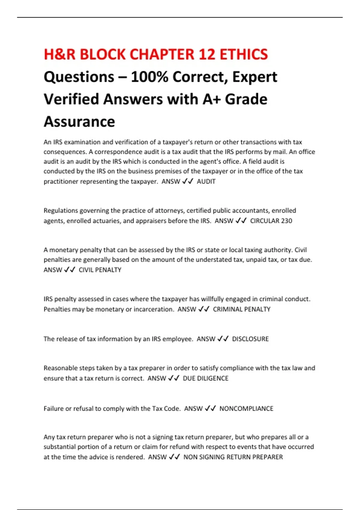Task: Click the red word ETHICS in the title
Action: [244, 55]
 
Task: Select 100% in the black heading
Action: [149, 77]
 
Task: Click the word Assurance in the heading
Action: [79, 122]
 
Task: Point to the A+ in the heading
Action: [211, 99]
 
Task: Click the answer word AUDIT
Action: [206, 181]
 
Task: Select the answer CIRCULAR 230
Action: [271, 221]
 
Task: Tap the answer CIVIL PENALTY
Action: [100, 270]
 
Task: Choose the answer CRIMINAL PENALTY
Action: [241, 309]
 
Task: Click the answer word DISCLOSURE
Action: [250, 339]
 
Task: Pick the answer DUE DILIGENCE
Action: [205, 378]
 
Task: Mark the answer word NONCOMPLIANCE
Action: [246, 409]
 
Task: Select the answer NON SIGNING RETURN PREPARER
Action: [233, 457]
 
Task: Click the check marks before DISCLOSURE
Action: [223, 339]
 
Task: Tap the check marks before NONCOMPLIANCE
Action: [210, 409]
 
